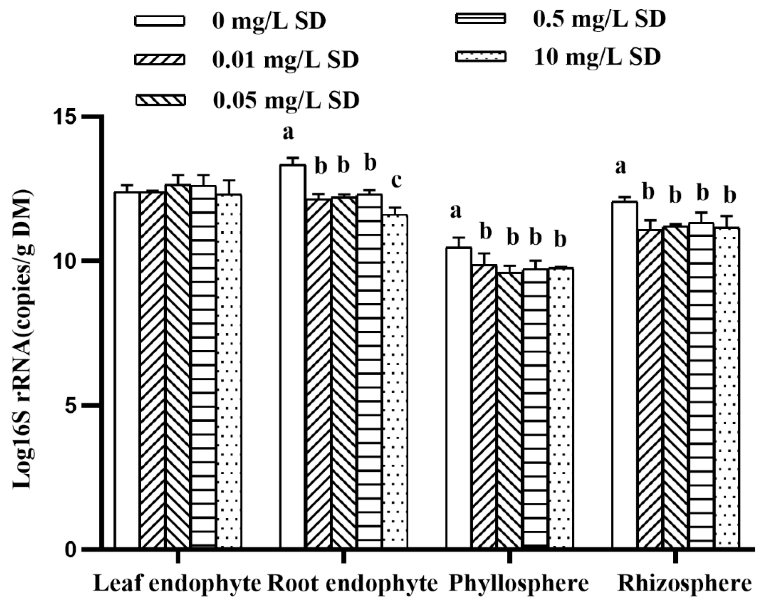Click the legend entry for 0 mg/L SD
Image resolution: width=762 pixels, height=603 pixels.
(x=230, y=21)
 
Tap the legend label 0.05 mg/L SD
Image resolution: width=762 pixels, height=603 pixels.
(x=286, y=100)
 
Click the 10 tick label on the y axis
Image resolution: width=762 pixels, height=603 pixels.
(x=65, y=261)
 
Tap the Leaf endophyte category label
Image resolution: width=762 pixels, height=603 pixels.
(x=177, y=584)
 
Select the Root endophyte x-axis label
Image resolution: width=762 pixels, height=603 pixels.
(x=352, y=584)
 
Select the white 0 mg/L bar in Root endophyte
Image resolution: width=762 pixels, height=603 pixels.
(x=293, y=353)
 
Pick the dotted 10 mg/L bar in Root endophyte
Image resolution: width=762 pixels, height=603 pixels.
(x=395, y=381)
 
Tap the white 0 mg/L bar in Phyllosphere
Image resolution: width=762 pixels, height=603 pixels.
(x=458, y=395)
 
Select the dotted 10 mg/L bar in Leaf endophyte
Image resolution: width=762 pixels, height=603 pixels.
(x=229, y=371)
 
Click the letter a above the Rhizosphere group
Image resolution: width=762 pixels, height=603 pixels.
(x=621, y=166)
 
